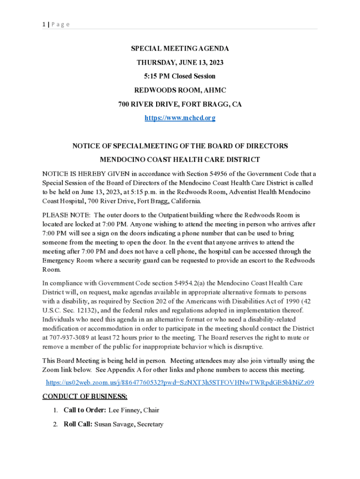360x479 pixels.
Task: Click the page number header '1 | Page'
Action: tap(56, 24)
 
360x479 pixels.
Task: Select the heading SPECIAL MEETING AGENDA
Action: tap(180, 49)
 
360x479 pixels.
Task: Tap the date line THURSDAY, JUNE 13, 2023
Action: tap(180, 62)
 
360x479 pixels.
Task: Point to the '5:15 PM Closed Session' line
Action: tap(180, 76)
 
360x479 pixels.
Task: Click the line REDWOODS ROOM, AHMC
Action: tap(180, 90)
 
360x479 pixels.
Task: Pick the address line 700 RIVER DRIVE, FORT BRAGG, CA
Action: tap(180, 104)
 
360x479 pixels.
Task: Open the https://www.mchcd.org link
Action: tap(180, 118)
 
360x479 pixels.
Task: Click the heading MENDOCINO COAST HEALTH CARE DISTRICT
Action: tap(180, 160)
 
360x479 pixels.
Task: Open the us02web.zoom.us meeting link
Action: tap(180, 383)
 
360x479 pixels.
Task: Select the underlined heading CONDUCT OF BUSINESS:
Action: tap(85, 397)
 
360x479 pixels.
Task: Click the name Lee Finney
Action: tap(125, 410)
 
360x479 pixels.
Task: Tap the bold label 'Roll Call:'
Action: tap(78, 424)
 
